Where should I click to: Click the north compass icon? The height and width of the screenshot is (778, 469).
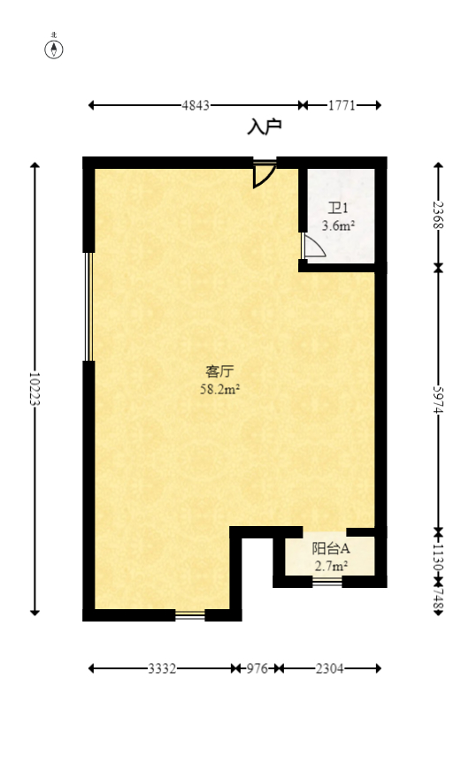pos(54,49)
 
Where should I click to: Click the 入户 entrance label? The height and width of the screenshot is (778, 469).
pos(264,128)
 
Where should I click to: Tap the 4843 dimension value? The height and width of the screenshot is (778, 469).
pos(196,105)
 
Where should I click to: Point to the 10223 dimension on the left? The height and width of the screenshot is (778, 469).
pos(35,388)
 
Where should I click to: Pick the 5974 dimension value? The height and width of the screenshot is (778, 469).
pos(437,399)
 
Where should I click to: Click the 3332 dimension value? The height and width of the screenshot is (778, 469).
pos(161,668)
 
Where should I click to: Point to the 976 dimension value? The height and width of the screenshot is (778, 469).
pos(256,668)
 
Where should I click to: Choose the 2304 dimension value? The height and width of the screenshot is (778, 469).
pos(328,668)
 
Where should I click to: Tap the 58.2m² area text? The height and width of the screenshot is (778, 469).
pos(220,388)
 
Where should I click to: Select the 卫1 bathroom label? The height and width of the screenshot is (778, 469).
pos(338,210)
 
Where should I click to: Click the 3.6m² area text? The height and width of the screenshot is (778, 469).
pos(338,225)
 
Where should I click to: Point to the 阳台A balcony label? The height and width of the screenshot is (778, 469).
pos(330,548)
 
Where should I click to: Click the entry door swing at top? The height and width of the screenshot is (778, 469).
pos(264,174)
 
